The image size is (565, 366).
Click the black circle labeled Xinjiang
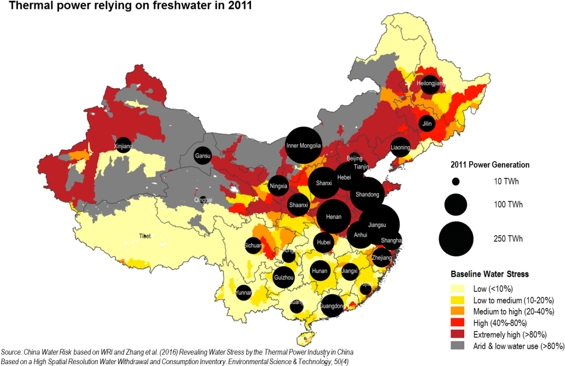[x=123, y=146]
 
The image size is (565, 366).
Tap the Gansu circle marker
[x=202, y=157]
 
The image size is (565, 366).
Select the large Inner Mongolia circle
[x=303, y=146]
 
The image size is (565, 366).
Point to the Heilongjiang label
[x=430, y=83]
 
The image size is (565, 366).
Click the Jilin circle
[x=426, y=124]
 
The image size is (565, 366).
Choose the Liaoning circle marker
[x=401, y=147]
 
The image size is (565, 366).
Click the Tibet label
[x=145, y=236]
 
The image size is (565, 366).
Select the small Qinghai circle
[x=203, y=200]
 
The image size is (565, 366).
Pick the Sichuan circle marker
[x=253, y=245]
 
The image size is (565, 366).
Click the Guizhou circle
[x=284, y=277]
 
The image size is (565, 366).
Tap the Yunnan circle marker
[x=244, y=292]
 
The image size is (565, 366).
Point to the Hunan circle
[x=319, y=271]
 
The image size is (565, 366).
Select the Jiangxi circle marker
[x=350, y=271]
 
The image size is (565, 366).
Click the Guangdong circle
[x=332, y=306]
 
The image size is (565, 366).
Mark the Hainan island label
[x=305, y=340]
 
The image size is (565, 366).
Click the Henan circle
[x=334, y=217]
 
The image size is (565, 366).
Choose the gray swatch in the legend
[x=457, y=345]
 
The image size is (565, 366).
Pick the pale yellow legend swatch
[x=457, y=289]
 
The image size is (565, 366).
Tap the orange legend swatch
[x=457, y=311]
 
